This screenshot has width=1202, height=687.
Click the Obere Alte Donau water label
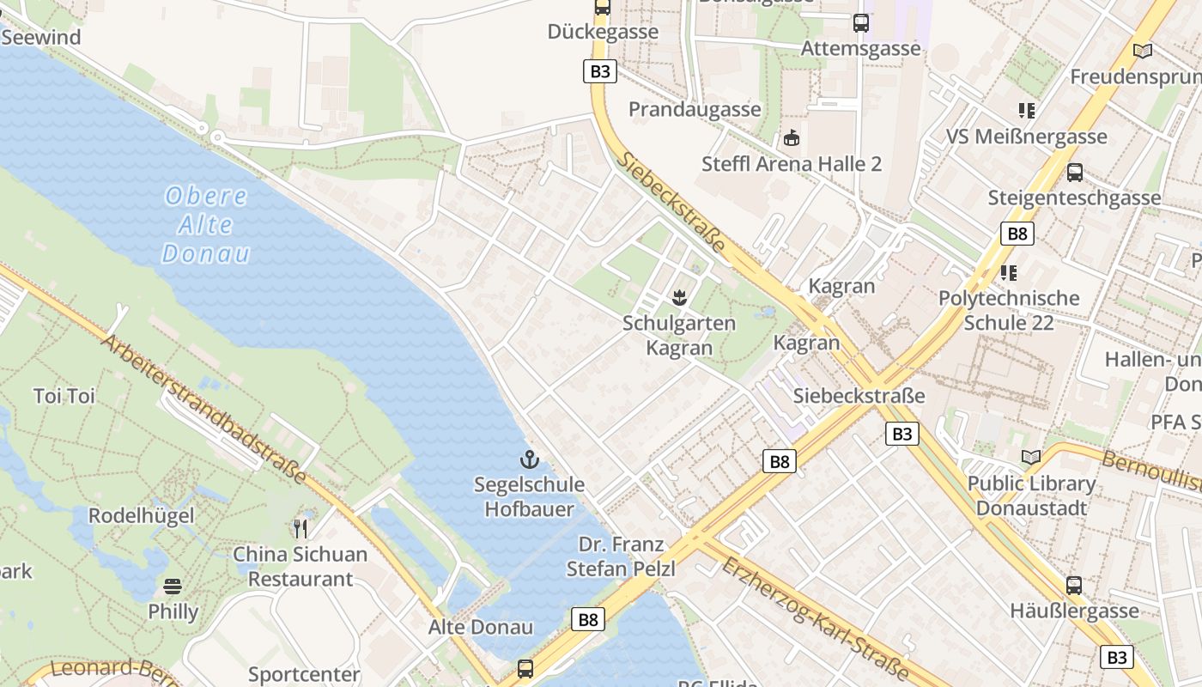tap(206, 225)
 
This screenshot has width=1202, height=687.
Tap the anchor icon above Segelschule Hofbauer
tap(529, 459)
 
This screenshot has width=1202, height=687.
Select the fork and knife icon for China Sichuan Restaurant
tap(300, 528)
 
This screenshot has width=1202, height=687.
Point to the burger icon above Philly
tap(173, 587)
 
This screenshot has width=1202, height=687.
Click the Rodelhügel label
tap(142, 516)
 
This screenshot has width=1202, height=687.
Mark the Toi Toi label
tap(64, 396)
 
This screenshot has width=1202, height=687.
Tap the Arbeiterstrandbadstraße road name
tap(204, 409)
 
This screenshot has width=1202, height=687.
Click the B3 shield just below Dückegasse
tap(600, 71)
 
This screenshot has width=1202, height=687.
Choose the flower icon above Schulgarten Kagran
tap(679, 298)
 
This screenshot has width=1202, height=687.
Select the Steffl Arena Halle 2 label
tap(792, 164)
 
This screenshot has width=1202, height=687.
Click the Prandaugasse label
tap(695, 109)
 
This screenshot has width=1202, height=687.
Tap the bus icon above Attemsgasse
tap(860, 23)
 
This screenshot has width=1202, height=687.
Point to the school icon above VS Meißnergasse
tap(1026, 111)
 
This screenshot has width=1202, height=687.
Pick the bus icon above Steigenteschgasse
tap(1074, 172)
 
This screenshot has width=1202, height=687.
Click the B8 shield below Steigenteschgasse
tap(1017, 234)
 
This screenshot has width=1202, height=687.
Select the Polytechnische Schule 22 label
tap(1009, 310)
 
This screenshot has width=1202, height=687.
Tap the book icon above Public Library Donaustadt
tap(1031, 458)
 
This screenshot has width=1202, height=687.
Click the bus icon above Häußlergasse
tap(1073, 586)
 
